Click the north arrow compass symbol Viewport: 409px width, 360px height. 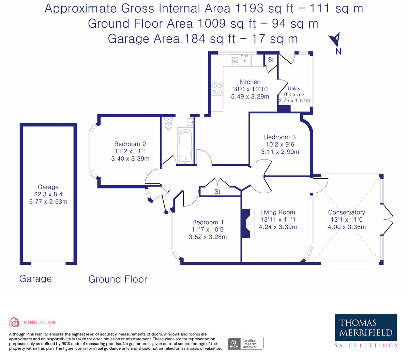(x=336, y=40)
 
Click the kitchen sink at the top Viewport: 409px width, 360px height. (x=245, y=60)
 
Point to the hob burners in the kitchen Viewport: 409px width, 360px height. (x=217, y=89)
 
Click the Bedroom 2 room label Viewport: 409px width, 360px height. (x=130, y=144)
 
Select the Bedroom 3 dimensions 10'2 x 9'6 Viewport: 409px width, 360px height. (x=280, y=145)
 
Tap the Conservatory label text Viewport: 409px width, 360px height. (x=346, y=212)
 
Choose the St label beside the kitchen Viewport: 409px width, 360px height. (x=271, y=60)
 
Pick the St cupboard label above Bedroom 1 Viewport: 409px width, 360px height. (x=217, y=192)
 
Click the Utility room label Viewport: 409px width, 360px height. (x=294, y=88)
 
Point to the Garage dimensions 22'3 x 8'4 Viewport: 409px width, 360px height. (x=48, y=194)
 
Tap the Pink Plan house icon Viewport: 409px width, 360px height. (x=14, y=322)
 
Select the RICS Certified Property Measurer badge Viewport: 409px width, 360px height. (x=245, y=343)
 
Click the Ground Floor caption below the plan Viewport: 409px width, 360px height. (x=118, y=279)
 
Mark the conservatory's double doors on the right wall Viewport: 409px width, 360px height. (x=388, y=219)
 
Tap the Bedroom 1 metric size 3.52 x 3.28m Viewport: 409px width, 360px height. (x=208, y=237)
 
